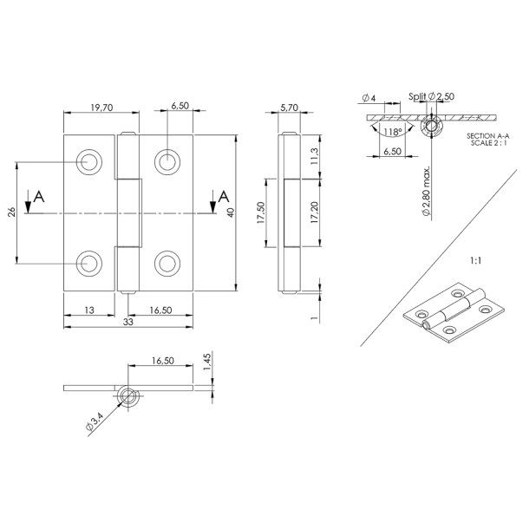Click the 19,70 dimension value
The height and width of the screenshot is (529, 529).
tap(101, 108)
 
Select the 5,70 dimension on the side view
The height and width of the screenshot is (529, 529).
tap(289, 108)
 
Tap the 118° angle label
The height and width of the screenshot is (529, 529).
tap(393, 132)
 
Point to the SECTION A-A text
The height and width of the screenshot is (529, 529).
tap(488, 136)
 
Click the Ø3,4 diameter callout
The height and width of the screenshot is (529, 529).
tap(95, 421)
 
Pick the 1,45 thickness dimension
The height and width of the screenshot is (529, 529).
tap(207, 362)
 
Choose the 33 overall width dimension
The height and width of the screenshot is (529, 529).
tap(127, 322)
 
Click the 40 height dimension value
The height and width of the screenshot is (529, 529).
tap(231, 212)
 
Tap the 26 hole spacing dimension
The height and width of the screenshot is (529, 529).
tap(12, 212)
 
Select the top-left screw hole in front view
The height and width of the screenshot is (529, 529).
tap(89, 162)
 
